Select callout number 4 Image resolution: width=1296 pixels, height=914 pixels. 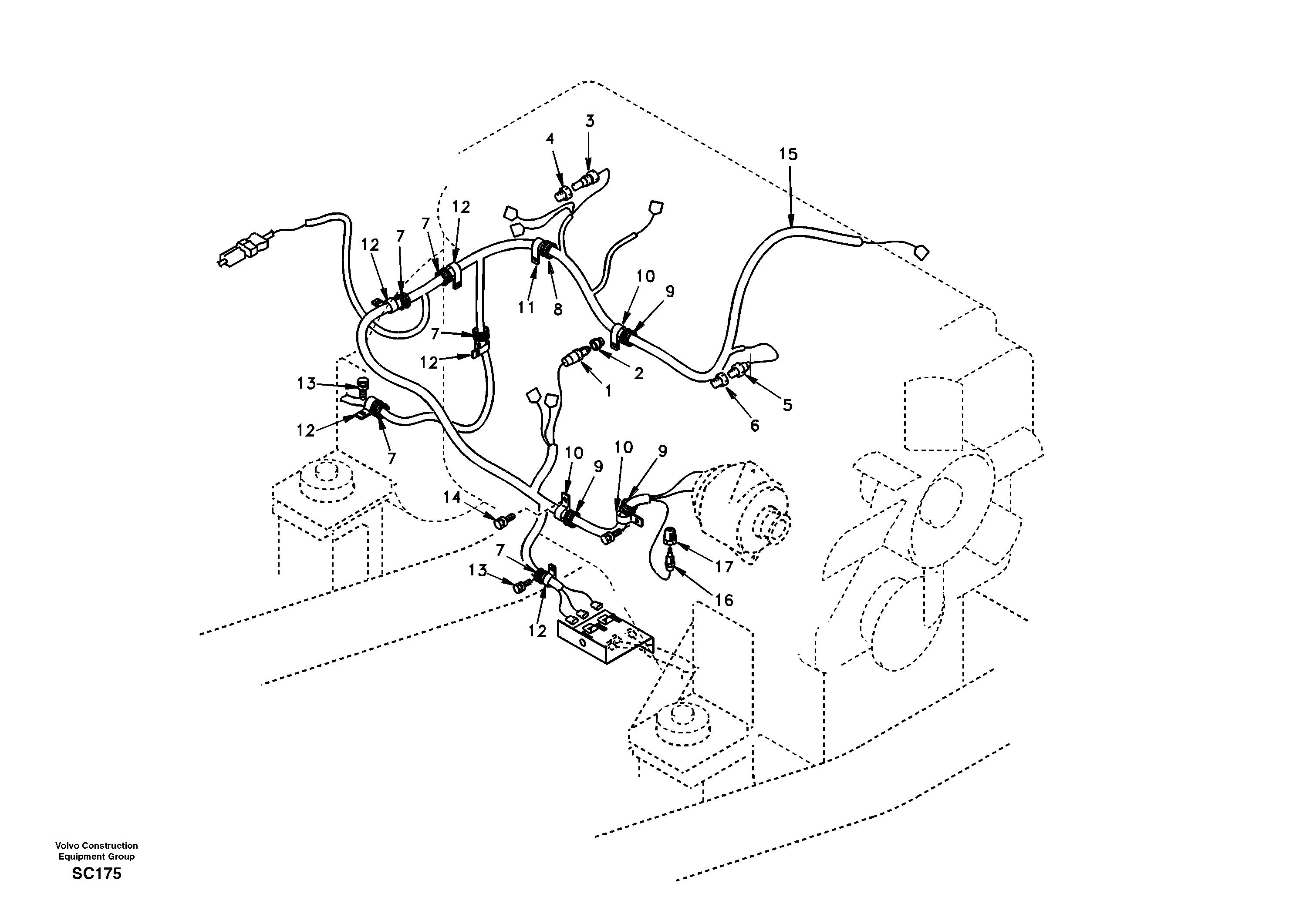(550, 139)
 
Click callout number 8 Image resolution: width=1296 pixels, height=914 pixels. (558, 309)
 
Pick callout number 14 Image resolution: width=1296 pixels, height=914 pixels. (452, 497)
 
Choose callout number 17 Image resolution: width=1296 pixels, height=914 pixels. (724, 566)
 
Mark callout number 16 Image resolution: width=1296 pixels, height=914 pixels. (724, 600)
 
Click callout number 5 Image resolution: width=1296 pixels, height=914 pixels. (787, 404)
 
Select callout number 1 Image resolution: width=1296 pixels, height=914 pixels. (608, 391)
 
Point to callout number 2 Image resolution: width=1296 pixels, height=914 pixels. (638, 373)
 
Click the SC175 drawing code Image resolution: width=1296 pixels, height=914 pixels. (97, 874)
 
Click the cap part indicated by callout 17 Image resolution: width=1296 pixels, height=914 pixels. (670, 533)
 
